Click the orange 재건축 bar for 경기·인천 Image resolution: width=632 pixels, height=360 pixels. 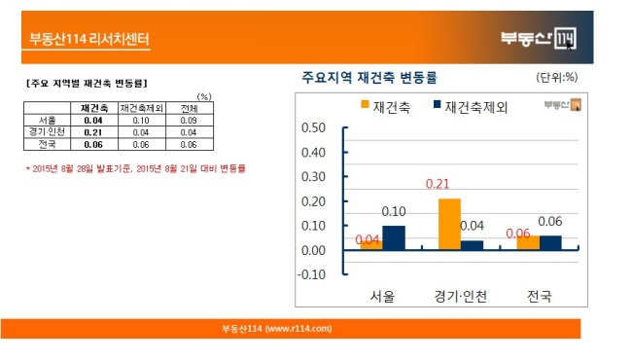pyautogui.click(x=449, y=224)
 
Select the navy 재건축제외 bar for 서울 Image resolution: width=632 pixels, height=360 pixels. pyautogui.click(x=394, y=237)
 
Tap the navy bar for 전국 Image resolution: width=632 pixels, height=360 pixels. pyautogui.click(x=550, y=242)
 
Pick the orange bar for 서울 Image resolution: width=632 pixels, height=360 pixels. pyautogui.click(x=371, y=244)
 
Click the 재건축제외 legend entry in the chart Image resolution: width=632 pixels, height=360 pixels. pyautogui.click(x=470, y=107)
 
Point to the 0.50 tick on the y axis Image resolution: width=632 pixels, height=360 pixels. pyautogui.click(x=313, y=127)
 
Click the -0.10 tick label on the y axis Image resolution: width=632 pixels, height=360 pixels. pyautogui.click(x=311, y=274)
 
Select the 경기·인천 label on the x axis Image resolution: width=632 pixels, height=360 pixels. pyautogui.click(x=460, y=297)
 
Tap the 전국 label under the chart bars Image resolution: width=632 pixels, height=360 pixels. pyautogui.click(x=540, y=297)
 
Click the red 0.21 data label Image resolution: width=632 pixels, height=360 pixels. pyautogui.click(x=438, y=184)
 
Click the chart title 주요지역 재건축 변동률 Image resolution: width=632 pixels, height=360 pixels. pyautogui.click(x=369, y=77)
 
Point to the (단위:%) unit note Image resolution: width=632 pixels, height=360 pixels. pyautogui.click(x=556, y=77)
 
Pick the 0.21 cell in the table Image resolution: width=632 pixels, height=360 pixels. pyautogui.click(x=93, y=132)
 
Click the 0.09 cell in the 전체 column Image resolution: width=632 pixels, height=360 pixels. pyautogui.click(x=189, y=120)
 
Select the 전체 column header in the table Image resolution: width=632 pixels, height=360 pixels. pyautogui.click(x=189, y=108)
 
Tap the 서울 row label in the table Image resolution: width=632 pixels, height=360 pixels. pyautogui.click(x=48, y=120)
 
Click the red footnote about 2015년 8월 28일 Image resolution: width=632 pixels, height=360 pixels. pyautogui.click(x=135, y=168)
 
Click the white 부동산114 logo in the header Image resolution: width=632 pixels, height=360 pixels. pyautogui.click(x=539, y=38)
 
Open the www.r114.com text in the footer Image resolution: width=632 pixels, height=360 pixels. pyautogui.click(x=298, y=329)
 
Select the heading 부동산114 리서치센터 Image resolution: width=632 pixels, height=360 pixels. pyautogui.click(x=89, y=39)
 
